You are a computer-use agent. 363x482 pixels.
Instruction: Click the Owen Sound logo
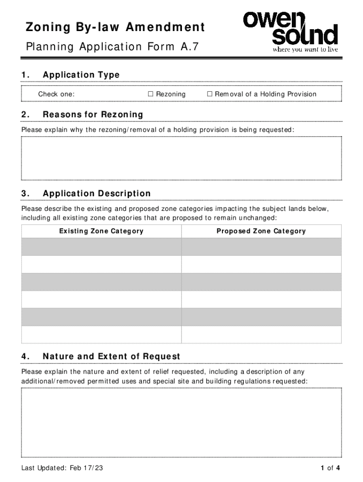(x=290, y=29)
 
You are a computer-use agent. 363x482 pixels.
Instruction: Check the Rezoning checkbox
(x=151, y=94)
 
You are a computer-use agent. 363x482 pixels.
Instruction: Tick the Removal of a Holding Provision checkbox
(x=210, y=94)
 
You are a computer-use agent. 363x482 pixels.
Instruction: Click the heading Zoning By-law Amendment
(x=115, y=28)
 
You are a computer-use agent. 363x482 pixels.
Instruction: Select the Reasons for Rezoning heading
(x=92, y=114)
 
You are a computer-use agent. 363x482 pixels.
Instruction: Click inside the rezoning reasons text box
(x=181, y=158)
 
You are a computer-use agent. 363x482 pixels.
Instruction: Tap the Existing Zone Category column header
(x=101, y=231)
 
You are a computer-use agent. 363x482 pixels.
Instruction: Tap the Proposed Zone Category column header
(x=261, y=231)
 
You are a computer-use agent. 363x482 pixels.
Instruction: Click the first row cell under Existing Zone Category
(x=101, y=247)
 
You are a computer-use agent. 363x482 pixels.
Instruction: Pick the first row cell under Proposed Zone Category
(x=261, y=247)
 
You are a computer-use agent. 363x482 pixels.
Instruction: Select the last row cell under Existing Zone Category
(x=101, y=334)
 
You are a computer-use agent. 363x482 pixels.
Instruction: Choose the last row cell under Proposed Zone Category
(x=261, y=334)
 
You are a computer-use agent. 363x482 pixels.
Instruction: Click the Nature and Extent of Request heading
(x=111, y=356)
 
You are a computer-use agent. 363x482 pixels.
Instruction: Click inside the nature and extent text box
(x=181, y=422)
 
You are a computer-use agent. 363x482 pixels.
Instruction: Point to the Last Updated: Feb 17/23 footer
(x=62, y=468)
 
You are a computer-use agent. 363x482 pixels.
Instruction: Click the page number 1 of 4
(x=330, y=468)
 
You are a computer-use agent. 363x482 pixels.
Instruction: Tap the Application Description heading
(x=97, y=193)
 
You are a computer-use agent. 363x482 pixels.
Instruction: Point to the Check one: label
(x=56, y=94)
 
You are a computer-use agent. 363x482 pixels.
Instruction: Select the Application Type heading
(x=81, y=75)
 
